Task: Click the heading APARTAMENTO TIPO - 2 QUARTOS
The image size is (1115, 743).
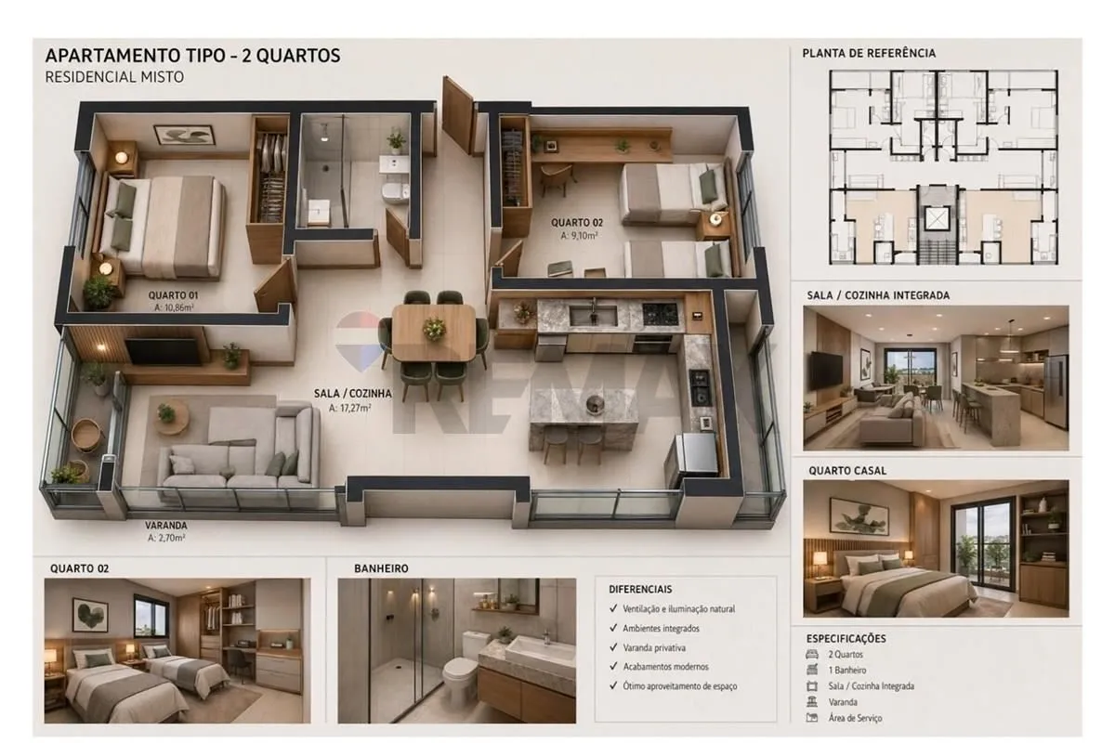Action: [x=192, y=55]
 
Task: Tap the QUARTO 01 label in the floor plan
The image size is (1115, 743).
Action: [x=173, y=295]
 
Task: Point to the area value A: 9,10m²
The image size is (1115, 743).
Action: [x=579, y=235]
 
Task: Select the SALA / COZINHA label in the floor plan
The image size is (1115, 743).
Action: [x=352, y=393]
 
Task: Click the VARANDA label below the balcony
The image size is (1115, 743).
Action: [x=165, y=525]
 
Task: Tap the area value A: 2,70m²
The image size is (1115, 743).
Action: [x=166, y=538]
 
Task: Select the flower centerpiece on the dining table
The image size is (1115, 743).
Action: [x=434, y=328]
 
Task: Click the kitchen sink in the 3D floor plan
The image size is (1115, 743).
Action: [x=593, y=315]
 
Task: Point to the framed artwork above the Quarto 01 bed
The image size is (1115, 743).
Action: [x=184, y=135]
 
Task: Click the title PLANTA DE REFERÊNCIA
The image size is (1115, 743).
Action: [x=869, y=53]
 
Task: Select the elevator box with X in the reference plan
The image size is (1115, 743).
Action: [x=937, y=217]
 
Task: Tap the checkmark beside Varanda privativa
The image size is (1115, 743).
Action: [x=613, y=647]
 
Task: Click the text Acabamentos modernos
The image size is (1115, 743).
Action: [x=665, y=666]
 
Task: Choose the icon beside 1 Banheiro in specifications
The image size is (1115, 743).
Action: [x=812, y=670]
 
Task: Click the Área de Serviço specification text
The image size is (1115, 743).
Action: [x=855, y=718]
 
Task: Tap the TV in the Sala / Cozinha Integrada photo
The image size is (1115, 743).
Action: [x=826, y=371]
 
